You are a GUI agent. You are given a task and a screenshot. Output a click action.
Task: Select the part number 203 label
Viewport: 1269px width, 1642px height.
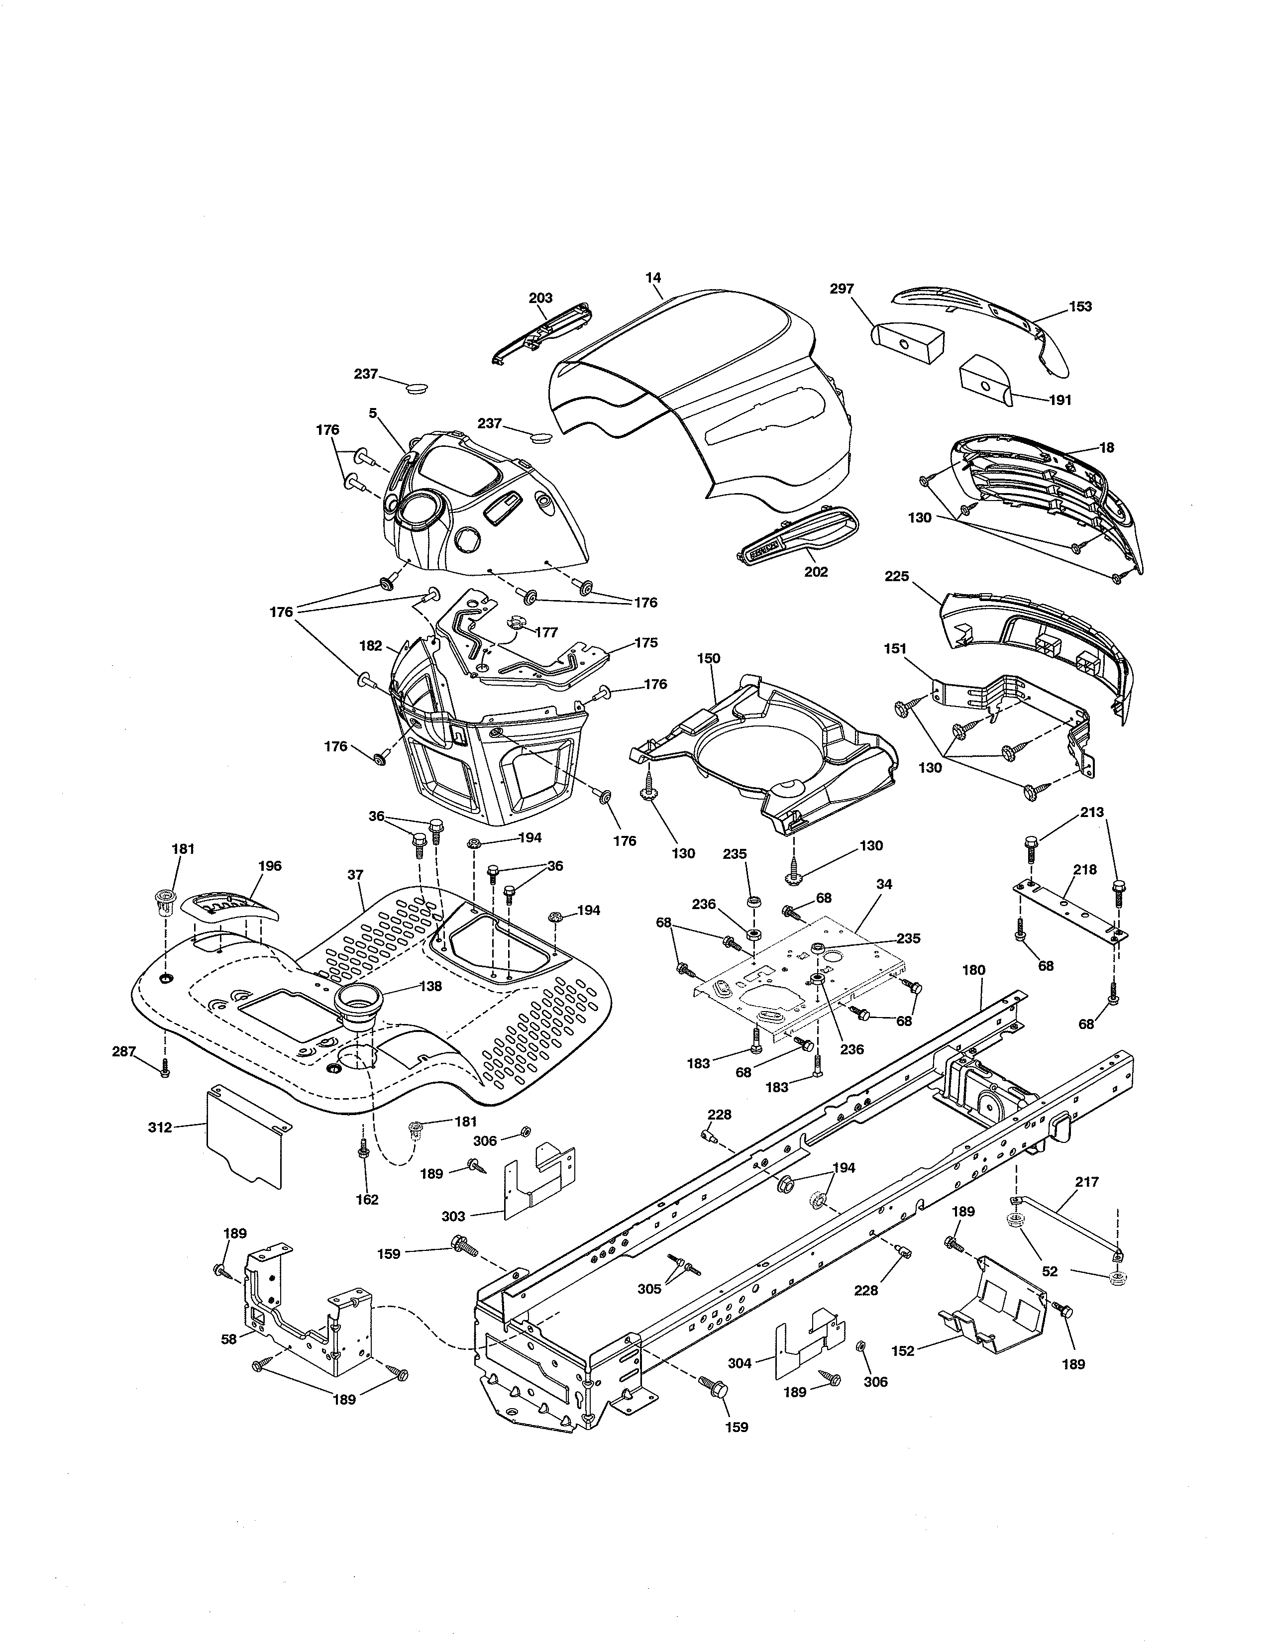pyautogui.click(x=540, y=298)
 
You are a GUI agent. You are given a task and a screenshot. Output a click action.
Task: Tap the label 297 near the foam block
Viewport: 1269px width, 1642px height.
pyautogui.click(x=842, y=289)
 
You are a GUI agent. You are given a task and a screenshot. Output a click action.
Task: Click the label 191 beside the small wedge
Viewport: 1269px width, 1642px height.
pyautogui.click(x=1059, y=400)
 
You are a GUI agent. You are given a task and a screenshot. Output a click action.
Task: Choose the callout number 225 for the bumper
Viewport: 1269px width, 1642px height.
pyautogui.click(x=897, y=577)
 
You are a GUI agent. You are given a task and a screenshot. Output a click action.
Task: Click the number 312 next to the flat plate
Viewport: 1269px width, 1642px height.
pyautogui.click(x=160, y=1148)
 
